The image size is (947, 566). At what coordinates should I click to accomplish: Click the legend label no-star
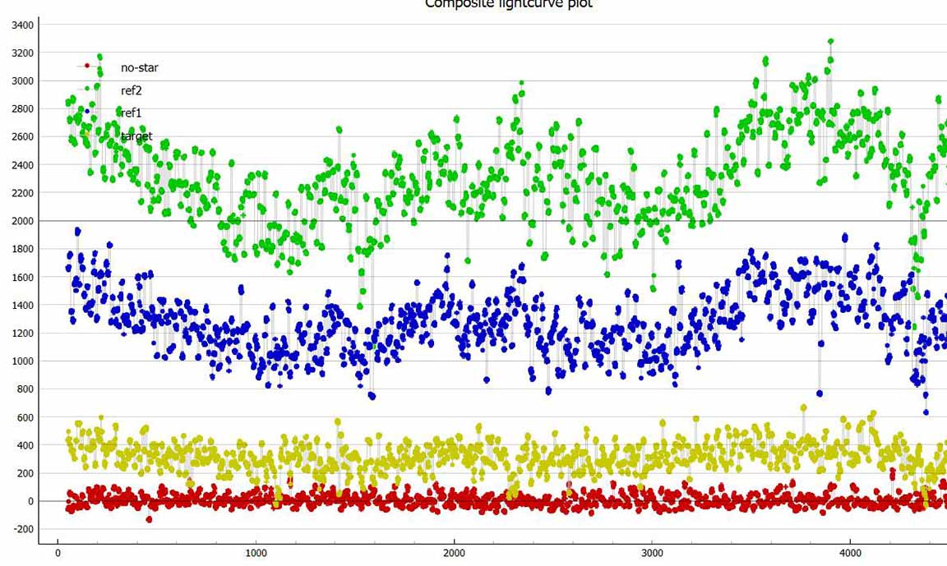click(x=139, y=68)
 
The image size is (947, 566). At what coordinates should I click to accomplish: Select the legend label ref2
click(x=132, y=91)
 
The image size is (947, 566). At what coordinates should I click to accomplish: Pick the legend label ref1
click(x=132, y=113)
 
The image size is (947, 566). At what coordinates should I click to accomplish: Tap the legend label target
click(x=136, y=136)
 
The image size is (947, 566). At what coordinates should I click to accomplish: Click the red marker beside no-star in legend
click(x=87, y=66)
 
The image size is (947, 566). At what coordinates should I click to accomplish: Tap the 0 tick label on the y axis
click(x=30, y=502)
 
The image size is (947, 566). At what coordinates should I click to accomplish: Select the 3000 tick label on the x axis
click(x=652, y=552)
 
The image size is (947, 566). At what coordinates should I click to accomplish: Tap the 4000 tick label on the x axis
click(x=850, y=552)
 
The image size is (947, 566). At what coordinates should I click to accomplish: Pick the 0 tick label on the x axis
click(x=58, y=552)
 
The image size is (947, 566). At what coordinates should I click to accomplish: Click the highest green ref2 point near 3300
click(x=831, y=41)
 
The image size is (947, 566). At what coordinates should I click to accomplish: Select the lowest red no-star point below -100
click(x=149, y=519)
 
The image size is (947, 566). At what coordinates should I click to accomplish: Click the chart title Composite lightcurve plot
click(x=508, y=4)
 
